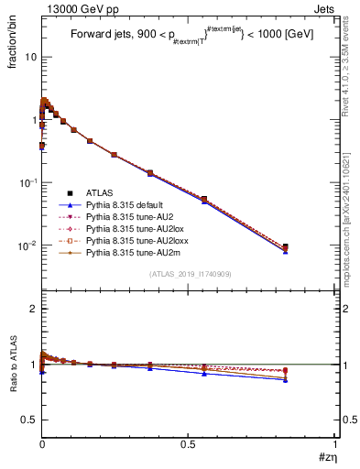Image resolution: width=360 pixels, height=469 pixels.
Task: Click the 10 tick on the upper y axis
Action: coord(31,57)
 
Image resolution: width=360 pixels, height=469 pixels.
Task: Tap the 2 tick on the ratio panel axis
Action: coord(34,309)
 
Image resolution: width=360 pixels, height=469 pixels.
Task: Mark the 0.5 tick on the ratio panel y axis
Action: coord(29,420)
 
